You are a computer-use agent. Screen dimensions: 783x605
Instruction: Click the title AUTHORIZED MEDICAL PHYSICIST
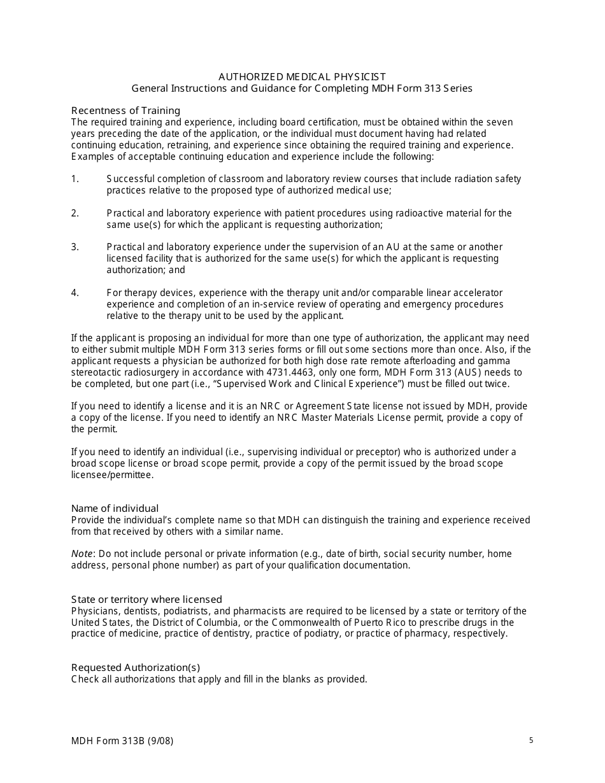pyautogui.click(x=302, y=77)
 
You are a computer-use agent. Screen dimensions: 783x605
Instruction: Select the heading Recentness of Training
pyautogui.click(x=125, y=110)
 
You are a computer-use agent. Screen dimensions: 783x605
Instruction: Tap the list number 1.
pyautogui.click(x=75, y=179)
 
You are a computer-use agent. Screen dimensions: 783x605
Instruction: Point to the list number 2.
pyautogui.click(x=75, y=213)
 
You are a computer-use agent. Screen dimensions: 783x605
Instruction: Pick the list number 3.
pyautogui.click(x=75, y=247)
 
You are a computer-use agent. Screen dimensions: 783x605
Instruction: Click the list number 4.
pyautogui.click(x=75, y=293)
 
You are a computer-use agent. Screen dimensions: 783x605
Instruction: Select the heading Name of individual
pyautogui.click(x=115, y=508)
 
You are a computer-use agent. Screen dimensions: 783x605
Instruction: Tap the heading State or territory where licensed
pyautogui.click(x=146, y=599)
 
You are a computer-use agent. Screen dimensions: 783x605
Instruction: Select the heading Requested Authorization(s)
pyautogui.click(x=136, y=667)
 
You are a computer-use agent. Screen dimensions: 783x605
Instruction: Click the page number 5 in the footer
pyautogui.click(x=531, y=740)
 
